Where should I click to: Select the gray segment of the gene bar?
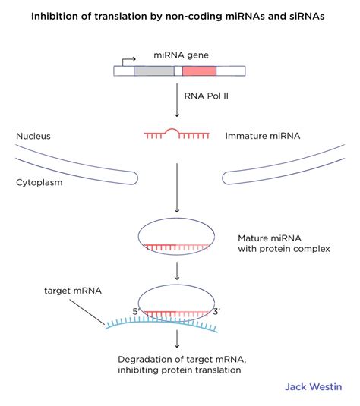pos(153,71)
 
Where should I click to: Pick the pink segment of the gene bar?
pos(199,71)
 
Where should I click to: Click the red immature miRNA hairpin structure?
pos(176,135)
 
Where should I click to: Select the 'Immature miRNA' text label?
pos(262,137)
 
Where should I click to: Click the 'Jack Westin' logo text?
pos(313,386)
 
